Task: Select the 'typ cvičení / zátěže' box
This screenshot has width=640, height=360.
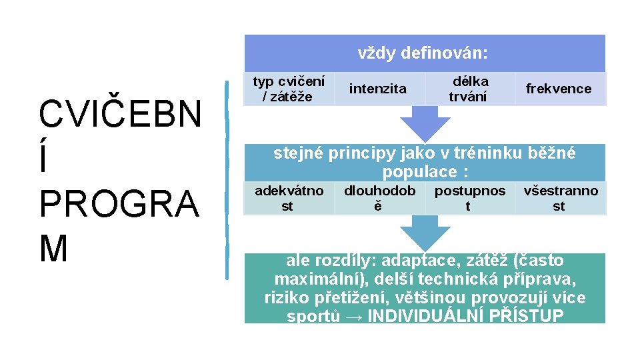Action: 289,89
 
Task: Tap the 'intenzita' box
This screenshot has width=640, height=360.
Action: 377,89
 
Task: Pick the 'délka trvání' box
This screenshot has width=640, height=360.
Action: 469,89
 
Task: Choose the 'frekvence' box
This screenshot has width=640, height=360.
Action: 559,89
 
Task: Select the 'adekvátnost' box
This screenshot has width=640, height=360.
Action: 289,199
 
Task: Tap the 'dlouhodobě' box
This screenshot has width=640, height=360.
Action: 379,199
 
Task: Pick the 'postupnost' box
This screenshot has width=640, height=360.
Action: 469,199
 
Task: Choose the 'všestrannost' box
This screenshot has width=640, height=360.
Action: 560,199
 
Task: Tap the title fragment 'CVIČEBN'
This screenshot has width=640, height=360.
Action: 120,115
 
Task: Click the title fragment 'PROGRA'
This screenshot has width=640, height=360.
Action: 119,204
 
